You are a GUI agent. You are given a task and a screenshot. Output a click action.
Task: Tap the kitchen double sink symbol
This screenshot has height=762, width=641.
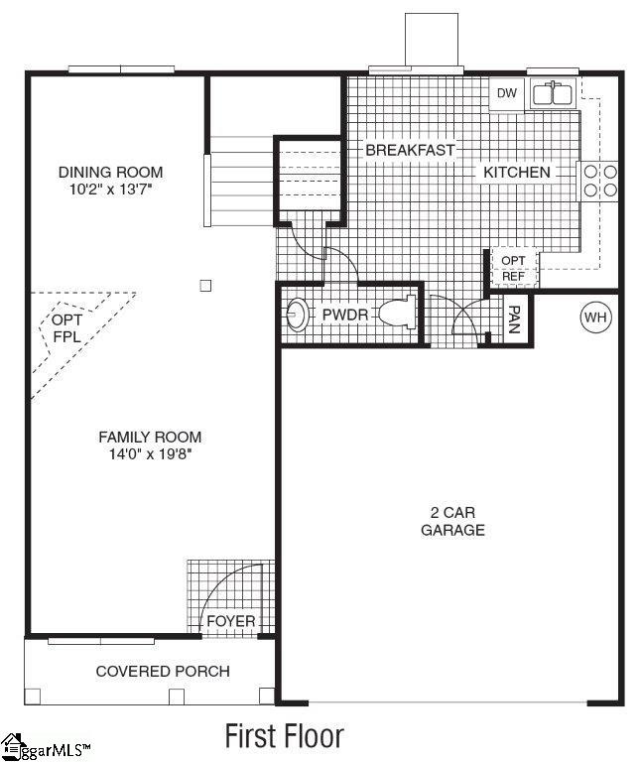point(552,95)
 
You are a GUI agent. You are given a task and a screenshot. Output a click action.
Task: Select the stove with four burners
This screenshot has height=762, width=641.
point(599,180)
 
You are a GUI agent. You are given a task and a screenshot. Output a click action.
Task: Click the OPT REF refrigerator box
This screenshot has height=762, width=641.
point(513,268)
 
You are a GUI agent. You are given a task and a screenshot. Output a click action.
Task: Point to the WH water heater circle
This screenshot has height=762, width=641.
point(595,317)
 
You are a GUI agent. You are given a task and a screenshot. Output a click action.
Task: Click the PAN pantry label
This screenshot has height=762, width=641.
point(514,318)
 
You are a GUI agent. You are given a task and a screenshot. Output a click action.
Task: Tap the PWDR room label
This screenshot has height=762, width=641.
point(344,316)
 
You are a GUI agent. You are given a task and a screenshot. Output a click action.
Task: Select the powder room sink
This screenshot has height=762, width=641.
point(297,317)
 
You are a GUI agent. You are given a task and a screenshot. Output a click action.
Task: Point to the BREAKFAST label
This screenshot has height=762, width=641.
point(410,150)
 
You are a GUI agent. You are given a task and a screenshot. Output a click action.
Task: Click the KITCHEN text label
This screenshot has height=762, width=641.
point(516,173)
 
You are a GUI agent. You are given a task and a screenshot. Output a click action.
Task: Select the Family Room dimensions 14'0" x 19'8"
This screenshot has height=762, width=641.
point(149,454)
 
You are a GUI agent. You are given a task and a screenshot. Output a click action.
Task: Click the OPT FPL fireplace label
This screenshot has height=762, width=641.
point(66,329)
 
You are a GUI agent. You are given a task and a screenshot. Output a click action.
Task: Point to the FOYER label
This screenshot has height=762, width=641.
point(230,622)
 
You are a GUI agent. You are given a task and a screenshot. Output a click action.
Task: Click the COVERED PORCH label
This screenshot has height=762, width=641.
point(162,672)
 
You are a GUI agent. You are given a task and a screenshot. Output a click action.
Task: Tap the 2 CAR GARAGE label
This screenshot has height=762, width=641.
point(452,522)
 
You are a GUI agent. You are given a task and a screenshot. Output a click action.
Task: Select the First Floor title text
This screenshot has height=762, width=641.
point(284,736)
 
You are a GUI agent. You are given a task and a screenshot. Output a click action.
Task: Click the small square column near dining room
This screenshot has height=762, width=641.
point(205,286)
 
